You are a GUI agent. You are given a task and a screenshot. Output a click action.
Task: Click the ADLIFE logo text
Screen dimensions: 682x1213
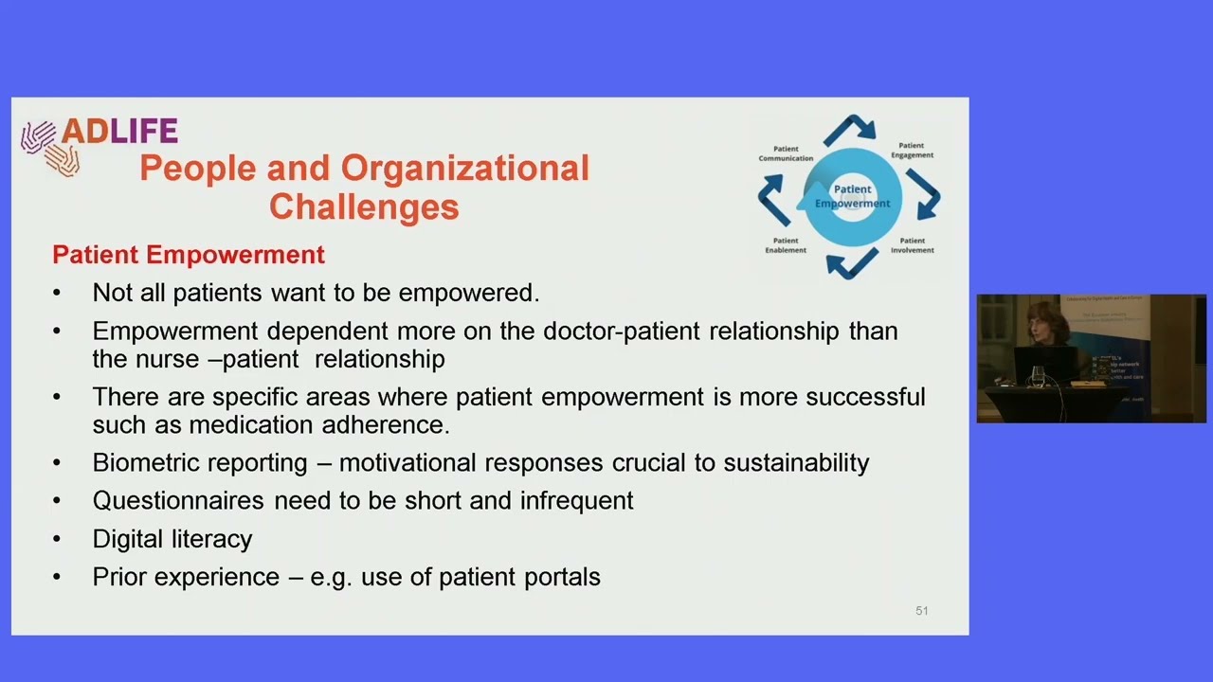tap(119, 131)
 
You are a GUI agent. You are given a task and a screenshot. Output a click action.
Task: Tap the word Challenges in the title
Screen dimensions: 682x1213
tap(364, 206)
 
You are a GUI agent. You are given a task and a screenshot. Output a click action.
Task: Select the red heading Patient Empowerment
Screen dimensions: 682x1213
tap(189, 255)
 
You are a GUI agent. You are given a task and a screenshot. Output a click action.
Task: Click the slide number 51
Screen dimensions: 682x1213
tap(921, 611)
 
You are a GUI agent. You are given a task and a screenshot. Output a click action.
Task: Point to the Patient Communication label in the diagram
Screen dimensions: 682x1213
tap(786, 153)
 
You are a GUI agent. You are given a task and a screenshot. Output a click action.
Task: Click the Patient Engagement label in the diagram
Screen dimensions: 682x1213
tap(912, 151)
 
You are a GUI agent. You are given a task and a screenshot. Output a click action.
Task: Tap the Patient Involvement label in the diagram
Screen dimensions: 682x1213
tap(912, 245)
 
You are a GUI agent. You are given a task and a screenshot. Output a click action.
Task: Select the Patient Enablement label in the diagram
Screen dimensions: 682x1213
tap(786, 245)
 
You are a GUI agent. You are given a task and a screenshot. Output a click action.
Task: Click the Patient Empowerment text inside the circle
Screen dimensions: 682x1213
tap(852, 196)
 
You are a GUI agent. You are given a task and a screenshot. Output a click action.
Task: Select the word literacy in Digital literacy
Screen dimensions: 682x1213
tap(212, 539)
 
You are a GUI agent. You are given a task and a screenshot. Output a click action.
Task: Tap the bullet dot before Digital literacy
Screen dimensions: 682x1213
tap(57, 539)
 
